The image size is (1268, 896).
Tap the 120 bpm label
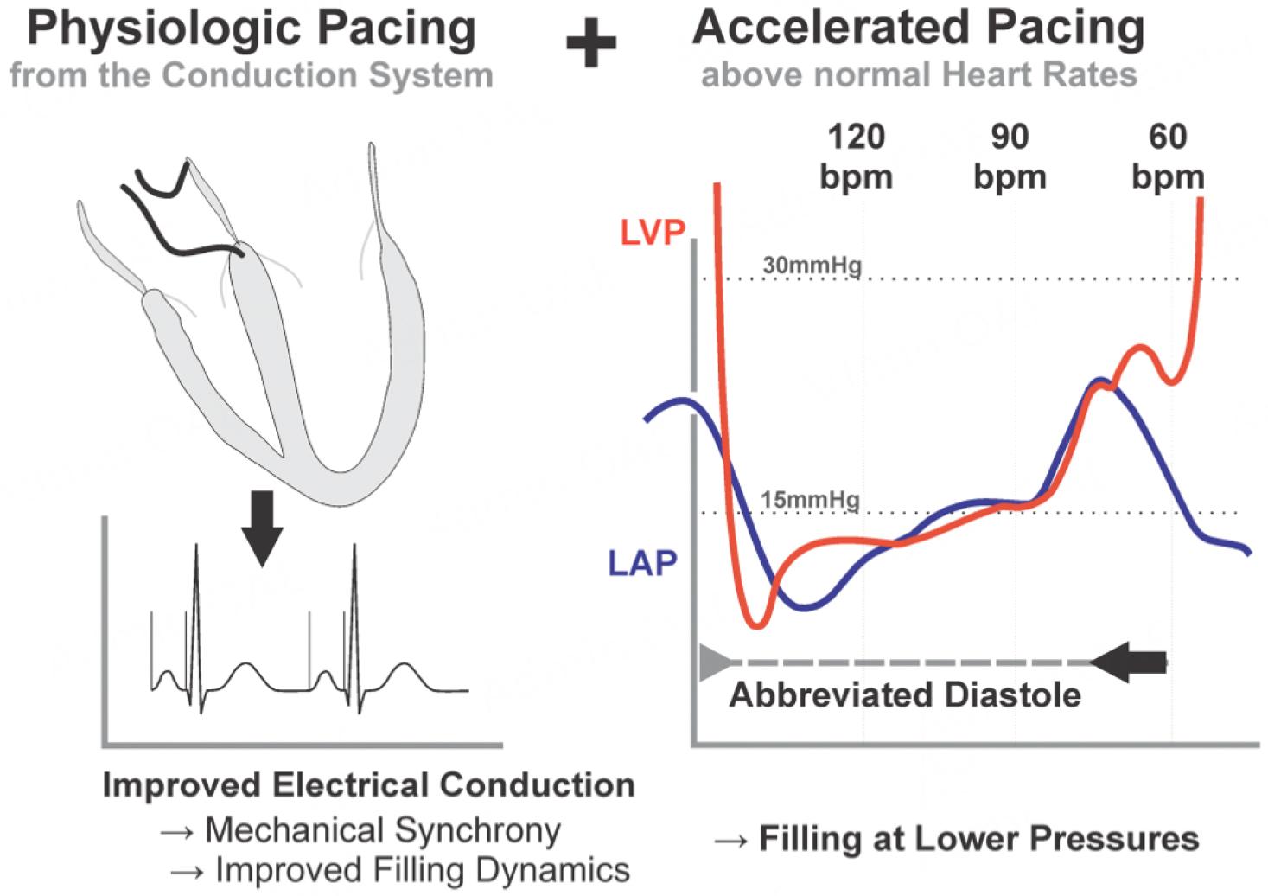point(856,157)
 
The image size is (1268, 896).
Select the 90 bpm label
point(1010,157)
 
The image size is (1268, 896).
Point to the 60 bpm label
point(1168,157)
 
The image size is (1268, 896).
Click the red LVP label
point(653,233)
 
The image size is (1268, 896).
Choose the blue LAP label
point(642,564)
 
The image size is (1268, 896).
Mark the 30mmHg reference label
point(812,266)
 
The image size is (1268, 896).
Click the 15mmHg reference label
point(810,500)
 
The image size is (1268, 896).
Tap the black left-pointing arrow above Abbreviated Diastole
point(1129,662)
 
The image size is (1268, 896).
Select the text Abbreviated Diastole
point(905,695)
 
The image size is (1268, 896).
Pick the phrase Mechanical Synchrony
point(383,830)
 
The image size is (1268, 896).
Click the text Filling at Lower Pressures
point(978,838)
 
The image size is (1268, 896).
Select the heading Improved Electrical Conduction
point(369,785)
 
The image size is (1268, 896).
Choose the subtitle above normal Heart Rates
point(919,75)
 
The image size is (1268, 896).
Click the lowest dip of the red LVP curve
point(757,624)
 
